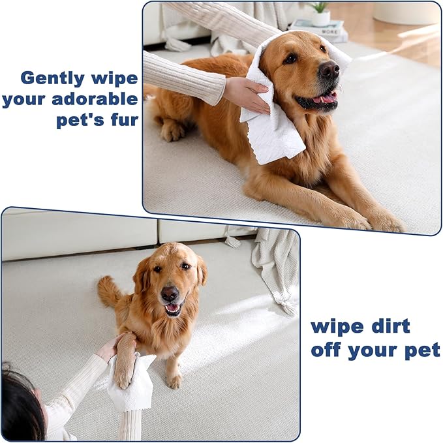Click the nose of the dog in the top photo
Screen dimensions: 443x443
[329, 70]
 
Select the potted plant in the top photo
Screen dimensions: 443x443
[320, 12]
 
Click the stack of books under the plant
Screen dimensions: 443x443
[318, 29]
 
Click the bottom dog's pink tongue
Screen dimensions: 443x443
[172, 308]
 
